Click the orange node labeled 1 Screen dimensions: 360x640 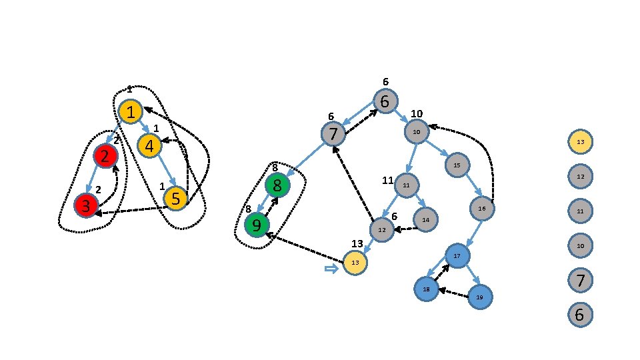[x=131, y=111]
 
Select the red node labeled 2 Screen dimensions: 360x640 [x=105, y=156]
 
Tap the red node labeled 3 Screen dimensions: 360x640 [x=86, y=205]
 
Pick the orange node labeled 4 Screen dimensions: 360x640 [x=149, y=145]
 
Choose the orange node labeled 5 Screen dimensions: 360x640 [x=175, y=198]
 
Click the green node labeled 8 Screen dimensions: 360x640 [x=277, y=185]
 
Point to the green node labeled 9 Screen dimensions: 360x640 [x=257, y=225]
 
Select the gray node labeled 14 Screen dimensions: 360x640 [x=425, y=219]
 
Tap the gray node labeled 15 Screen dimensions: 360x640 [x=457, y=165]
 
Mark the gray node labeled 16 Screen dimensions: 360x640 [x=482, y=209]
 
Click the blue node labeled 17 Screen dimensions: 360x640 [x=457, y=255]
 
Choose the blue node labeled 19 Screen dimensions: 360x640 [x=479, y=297]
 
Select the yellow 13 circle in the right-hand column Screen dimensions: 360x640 [x=580, y=141]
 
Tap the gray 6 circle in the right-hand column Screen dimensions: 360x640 [x=580, y=315]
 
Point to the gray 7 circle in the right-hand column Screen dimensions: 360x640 [x=580, y=280]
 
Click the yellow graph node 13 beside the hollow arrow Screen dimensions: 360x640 [x=355, y=263]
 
